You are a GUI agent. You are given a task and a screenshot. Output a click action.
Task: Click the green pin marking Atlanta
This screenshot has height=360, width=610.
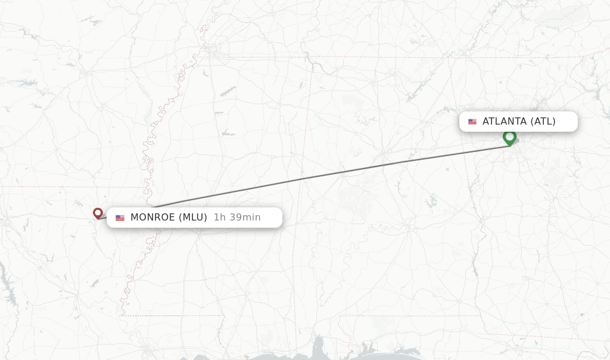[x=509, y=137]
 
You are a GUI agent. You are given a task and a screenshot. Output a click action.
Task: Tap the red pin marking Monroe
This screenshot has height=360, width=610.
[x=98, y=212]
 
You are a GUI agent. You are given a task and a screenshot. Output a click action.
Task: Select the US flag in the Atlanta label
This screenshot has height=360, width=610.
[x=472, y=122]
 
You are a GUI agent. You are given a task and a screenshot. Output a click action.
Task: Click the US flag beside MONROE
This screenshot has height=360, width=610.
[x=120, y=218]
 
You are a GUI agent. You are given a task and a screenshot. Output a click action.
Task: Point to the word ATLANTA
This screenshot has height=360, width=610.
[x=505, y=122]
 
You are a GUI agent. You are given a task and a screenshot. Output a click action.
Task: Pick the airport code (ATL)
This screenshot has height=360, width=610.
[x=543, y=122]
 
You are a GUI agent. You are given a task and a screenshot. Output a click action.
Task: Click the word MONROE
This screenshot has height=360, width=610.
[x=152, y=218]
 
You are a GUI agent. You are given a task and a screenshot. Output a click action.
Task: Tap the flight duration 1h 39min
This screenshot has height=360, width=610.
[x=237, y=218]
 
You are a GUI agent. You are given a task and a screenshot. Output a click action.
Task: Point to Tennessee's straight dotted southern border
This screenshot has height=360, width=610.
[x=381, y=57]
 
